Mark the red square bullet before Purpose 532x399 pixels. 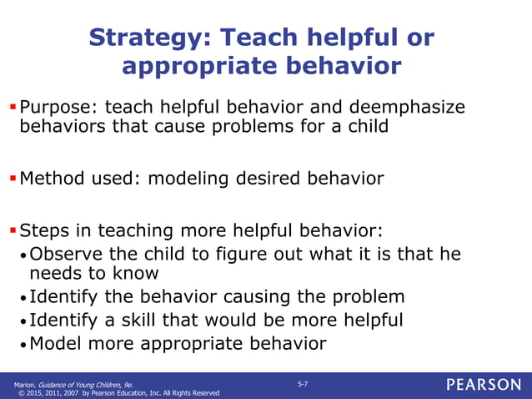point(13,107)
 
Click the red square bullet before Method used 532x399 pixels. point(13,178)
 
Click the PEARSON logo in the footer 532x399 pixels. point(483,385)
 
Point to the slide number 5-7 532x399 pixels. point(304,382)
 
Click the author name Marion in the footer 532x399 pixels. point(25,382)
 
